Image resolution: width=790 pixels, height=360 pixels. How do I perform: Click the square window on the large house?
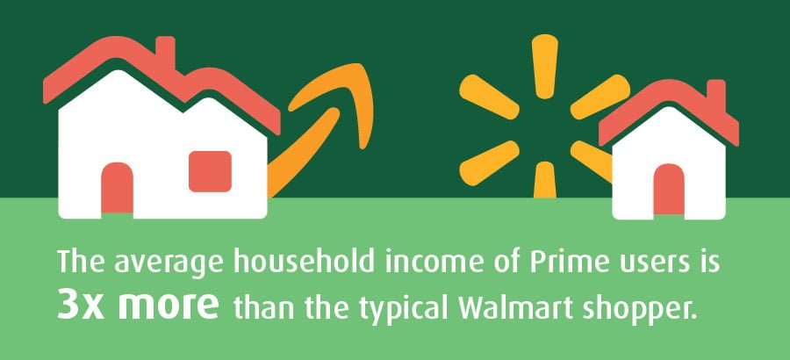[210, 171]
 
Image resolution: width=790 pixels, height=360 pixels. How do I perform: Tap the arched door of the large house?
[117, 188]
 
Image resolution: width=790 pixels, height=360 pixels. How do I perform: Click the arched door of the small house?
[669, 190]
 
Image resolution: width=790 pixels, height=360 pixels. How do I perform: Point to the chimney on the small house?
[716, 95]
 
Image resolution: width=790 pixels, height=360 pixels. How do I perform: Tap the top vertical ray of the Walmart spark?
[544, 66]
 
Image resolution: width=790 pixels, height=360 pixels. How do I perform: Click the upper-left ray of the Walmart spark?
[489, 97]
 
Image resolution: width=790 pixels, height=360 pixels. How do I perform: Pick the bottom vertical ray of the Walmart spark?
[544, 180]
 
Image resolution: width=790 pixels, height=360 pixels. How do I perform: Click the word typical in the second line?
[411, 308]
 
